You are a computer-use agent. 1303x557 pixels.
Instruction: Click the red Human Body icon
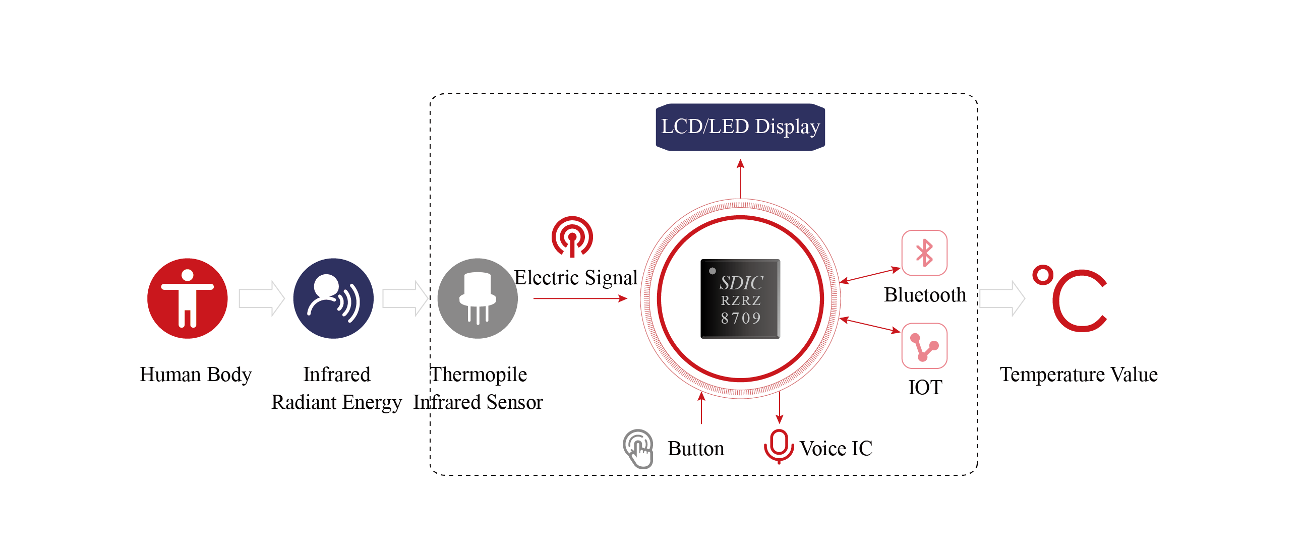click(x=187, y=298)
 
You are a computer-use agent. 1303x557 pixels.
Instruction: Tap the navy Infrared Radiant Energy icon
click(x=333, y=298)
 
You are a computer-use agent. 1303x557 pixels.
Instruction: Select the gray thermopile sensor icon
click(x=477, y=298)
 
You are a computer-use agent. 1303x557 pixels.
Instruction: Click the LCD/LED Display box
click(x=740, y=127)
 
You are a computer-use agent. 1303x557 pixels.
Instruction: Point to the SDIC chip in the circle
click(x=740, y=298)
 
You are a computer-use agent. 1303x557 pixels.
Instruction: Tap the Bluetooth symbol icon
click(x=924, y=253)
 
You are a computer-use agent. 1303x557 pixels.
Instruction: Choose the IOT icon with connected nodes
click(x=924, y=346)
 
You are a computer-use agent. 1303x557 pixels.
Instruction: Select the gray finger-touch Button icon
click(x=638, y=448)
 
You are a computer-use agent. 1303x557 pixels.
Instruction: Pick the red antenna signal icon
click(x=572, y=236)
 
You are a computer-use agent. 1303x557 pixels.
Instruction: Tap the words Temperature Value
click(x=1079, y=375)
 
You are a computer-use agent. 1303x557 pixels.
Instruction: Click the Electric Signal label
click(x=576, y=277)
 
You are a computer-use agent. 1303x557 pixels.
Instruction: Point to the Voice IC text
click(x=836, y=448)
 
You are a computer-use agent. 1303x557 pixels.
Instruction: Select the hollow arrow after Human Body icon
click(x=261, y=298)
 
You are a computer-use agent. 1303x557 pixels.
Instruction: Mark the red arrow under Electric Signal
click(x=580, y=299)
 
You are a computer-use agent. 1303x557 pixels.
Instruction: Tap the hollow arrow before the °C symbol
click(x=1001, y=298)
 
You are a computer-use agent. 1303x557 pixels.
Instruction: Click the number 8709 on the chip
click(x=741, y=318)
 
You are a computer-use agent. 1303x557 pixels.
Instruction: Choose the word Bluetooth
click(x=925, y=295)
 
